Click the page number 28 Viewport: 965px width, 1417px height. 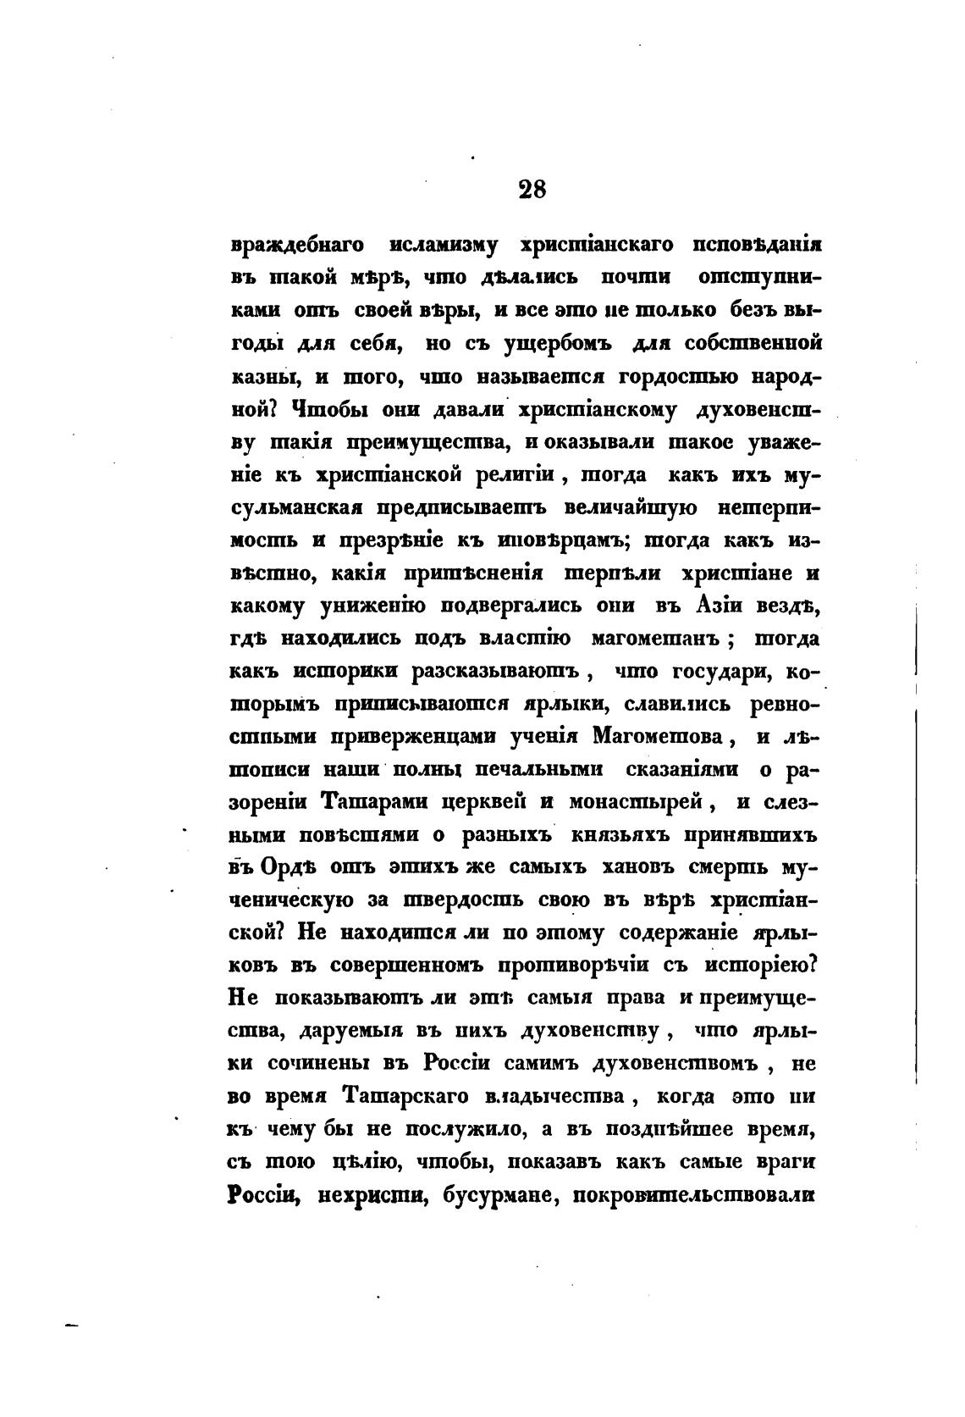coord(532,188)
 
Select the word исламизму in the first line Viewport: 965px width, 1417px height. coord(444,246)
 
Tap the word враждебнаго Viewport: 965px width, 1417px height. coord(297,246)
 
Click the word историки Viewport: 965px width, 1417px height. coord(344,672)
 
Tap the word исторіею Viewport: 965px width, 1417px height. coord(766,966)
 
